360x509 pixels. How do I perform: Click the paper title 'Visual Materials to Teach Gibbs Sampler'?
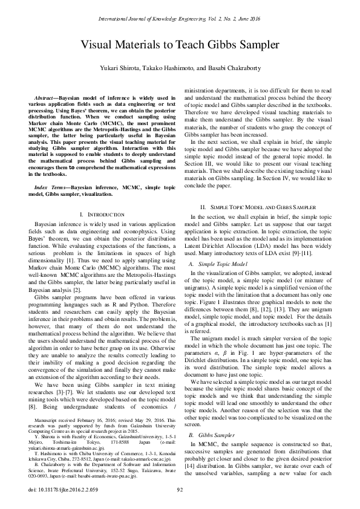(x=180, y=45)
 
